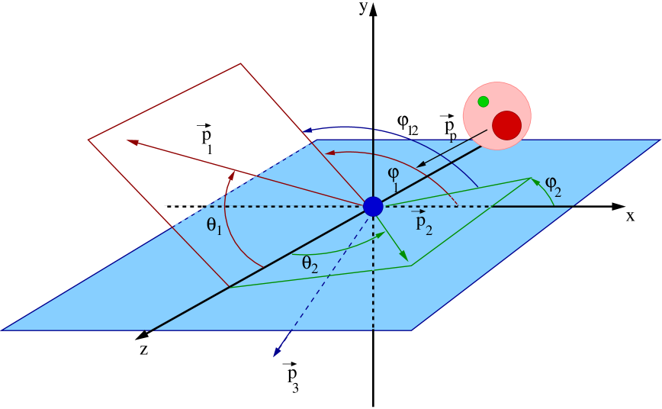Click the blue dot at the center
pos(373,206)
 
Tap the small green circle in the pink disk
pos(483,101)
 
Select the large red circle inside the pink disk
pos(506,125)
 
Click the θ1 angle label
pos(214,225)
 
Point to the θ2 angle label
pos(310,264)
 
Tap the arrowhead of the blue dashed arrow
pos(275,356)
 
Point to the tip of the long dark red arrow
pos(127,140)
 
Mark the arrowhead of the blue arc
pos(305,132)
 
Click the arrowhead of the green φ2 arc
pos(533,180)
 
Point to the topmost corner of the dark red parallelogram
pos(241,63)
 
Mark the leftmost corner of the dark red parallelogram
pos(88,140)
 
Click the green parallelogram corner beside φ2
pos(530,178)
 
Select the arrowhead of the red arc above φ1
pos(326,155)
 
